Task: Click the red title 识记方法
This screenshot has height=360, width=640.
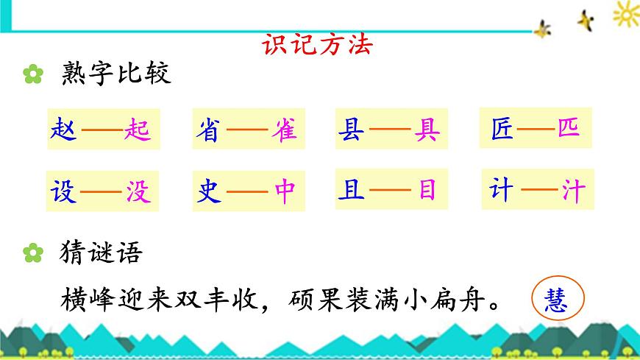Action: (x=318, y=46)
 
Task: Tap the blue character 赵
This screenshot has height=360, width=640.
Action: (x=61, y=130)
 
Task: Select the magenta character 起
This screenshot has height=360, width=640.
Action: (x=138, y=130)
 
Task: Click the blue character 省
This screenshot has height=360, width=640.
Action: (x=207, y=130)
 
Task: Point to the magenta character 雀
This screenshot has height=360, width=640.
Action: (x=285, y=130)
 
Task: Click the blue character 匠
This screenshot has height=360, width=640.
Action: (x=502, y=127)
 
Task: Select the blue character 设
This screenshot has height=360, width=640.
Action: (x=61, y=191)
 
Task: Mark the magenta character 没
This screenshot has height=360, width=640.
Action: (x=138, y=191)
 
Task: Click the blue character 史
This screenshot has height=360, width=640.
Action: (x=207, y=191)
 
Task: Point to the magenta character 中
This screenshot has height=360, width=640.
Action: (x=285, y=191)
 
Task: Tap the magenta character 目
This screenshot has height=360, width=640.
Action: (x=427, y=190)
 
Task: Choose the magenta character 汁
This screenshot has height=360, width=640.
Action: (x=574, y=189)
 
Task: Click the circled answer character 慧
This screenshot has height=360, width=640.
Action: (x=557, y=300)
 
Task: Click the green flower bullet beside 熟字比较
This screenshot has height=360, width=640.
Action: (x=32, y=75)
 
